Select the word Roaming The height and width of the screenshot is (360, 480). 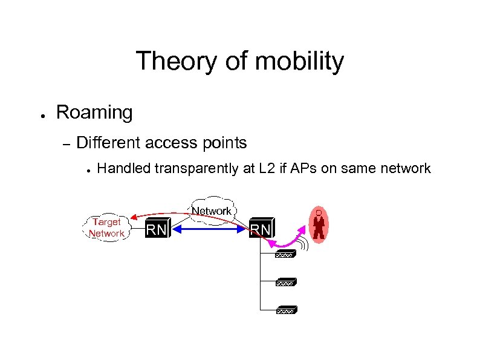coord(94,113)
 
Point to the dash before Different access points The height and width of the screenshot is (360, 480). coord(66,145)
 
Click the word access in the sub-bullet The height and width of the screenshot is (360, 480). coord(171,143)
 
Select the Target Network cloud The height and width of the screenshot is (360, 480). coord(106,228)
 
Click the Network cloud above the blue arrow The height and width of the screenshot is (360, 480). coord(212,210)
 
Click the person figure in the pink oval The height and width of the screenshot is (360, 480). coord(319,224)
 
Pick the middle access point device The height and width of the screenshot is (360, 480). coord(285,283)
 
